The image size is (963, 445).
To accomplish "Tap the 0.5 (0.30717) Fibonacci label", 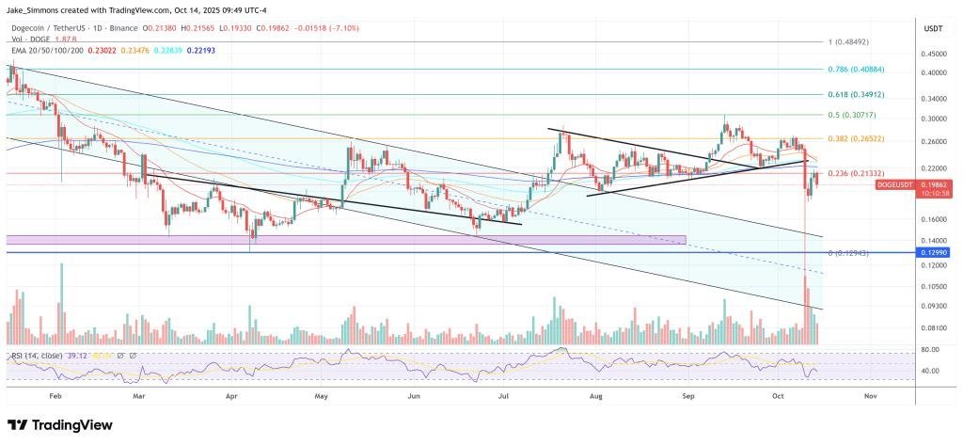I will tap(852, 115).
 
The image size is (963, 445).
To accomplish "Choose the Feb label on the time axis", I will tap(56, 397).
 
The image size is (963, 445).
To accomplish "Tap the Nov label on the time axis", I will tap(870, 397).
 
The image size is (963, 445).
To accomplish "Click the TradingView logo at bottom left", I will tap(60, 425).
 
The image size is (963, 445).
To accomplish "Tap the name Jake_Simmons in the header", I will tap(39, 9).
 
